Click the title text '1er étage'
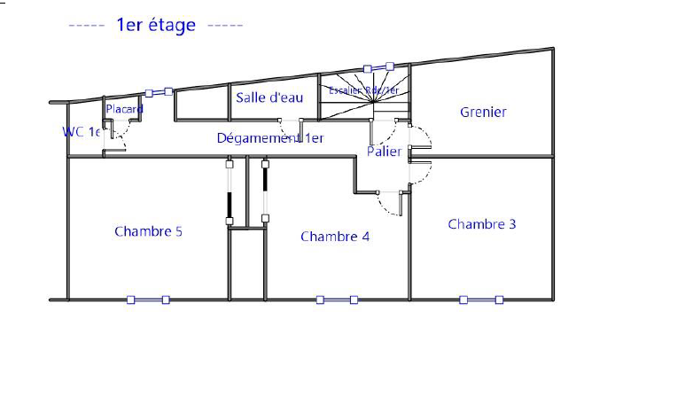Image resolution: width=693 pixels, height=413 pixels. pyautogui.click(x=156, y=25)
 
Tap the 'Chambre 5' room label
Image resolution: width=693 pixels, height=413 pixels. pyautogui.click(x=148, y=231)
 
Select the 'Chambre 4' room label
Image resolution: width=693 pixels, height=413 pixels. pyautogui.click(x=335, y=237)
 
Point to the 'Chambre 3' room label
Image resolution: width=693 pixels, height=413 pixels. pyautogui.click(x=482, y=224)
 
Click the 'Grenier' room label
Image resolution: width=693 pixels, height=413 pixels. pyautogui.click(x=483, y=112)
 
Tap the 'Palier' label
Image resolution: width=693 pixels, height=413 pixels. pyautogui.click(x=385, y=152)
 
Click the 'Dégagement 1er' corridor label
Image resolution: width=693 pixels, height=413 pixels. pyautogui.click(x=270, y=138)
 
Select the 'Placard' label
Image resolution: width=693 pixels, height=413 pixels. pyautogui.click(x=124, y=109)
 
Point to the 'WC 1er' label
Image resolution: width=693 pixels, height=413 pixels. pyautogui.click(x=81, y=132)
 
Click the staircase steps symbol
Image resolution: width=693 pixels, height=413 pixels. pyautogui.click(x=363, y=105)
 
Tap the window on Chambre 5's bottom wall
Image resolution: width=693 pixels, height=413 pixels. pyautogui.click(x=148, y=300)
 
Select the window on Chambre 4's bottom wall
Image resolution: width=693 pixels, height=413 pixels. pyautogui.click(x=337, y=300)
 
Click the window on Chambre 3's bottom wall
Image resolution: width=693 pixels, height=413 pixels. pyautogui.click(x=481, y=300)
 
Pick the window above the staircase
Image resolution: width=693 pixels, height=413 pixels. pyautogui.click(x=378, y=67)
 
